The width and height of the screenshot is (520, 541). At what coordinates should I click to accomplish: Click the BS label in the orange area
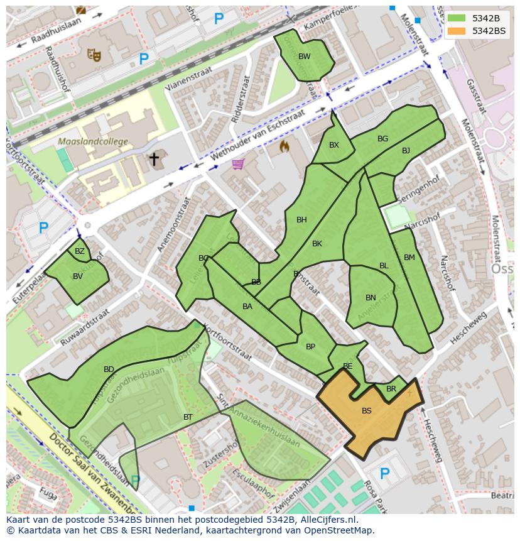coord(366,411)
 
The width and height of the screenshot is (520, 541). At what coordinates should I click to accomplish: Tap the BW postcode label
coord(304,57)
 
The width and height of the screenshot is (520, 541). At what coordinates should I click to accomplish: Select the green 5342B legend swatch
coord(457,18)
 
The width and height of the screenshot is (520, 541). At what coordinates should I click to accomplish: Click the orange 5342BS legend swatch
coord(457,31)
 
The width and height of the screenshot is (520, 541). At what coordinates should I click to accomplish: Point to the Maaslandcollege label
coord(92,142)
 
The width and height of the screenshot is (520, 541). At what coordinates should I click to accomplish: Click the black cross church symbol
coord(154,159)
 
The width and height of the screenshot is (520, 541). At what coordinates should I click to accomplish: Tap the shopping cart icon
coord(237,164)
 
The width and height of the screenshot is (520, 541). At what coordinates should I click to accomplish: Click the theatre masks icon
coord(95,55)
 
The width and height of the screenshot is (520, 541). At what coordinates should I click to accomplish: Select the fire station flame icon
coord(284,146)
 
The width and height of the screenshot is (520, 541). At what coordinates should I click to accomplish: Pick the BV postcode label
coord(78,276)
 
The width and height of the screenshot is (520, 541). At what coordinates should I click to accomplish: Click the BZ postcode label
coord(80,251)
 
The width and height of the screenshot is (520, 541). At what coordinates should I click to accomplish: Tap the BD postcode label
coord(109,369)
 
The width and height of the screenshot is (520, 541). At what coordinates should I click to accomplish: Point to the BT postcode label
coord(188,417)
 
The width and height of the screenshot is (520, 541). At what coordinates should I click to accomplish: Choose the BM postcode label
coord(409,258)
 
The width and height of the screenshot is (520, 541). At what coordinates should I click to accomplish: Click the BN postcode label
coord(371,298)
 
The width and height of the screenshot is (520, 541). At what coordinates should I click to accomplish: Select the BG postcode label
coord(382,139)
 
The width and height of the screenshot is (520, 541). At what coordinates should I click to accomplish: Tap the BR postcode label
coord(391,389)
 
